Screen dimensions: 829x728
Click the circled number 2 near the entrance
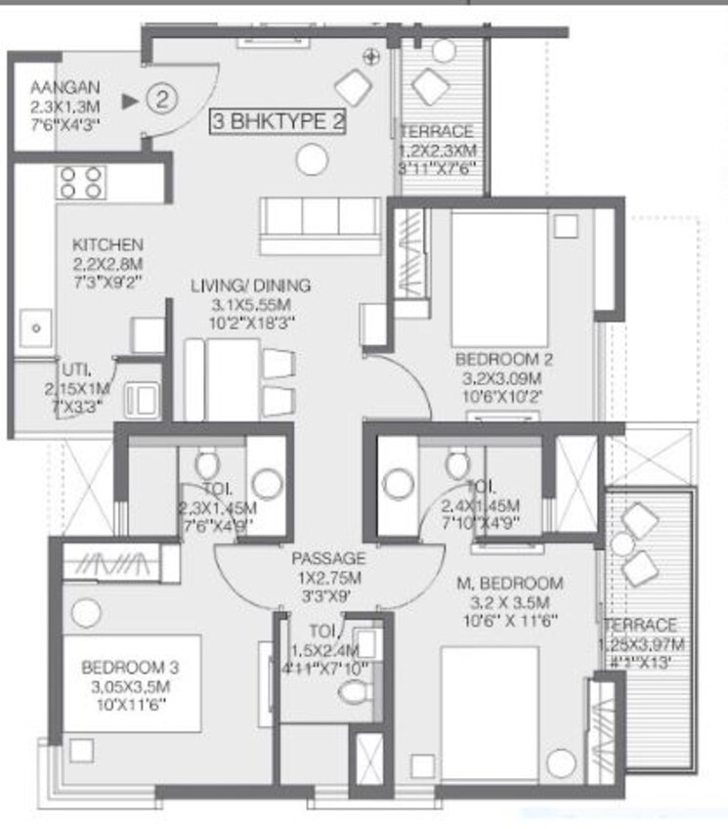pos(163,99)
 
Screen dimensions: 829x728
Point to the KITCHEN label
pos(108,244)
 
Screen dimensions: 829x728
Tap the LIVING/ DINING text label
pos(250,285)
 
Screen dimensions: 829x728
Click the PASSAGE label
pos(328,558)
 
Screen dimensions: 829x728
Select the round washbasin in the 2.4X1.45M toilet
pos(398,482)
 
